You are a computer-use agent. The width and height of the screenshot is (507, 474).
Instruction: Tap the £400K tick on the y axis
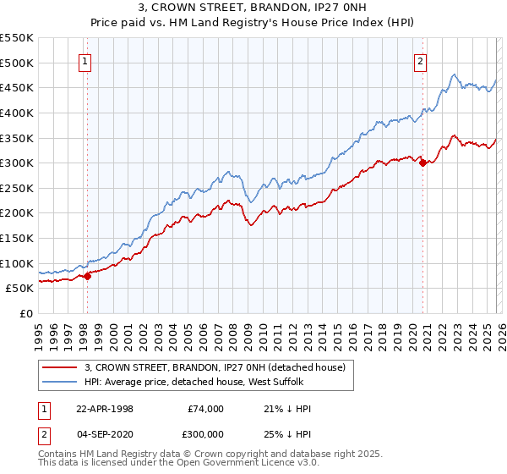[17, 113]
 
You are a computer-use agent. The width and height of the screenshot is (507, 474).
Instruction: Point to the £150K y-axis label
[17, 238]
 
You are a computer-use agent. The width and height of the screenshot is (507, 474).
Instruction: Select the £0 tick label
[25, 313]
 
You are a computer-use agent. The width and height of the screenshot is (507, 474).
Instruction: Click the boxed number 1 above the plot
[86, 60]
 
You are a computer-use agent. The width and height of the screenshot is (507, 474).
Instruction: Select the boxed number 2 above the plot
[421, 60]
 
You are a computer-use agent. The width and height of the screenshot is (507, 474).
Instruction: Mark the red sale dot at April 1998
[87, 276]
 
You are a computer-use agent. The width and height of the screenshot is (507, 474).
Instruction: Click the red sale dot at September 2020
[422, 163]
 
